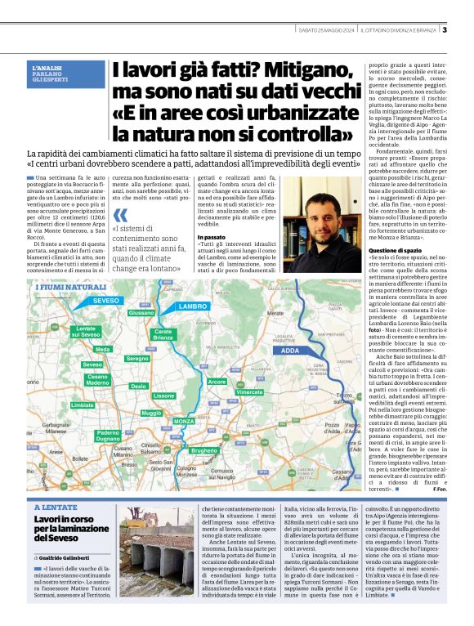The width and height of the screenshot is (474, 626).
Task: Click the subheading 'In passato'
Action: (211, 237)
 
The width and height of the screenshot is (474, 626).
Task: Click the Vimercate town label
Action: (249, 392)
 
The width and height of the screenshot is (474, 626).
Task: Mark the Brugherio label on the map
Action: (203, 450)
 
